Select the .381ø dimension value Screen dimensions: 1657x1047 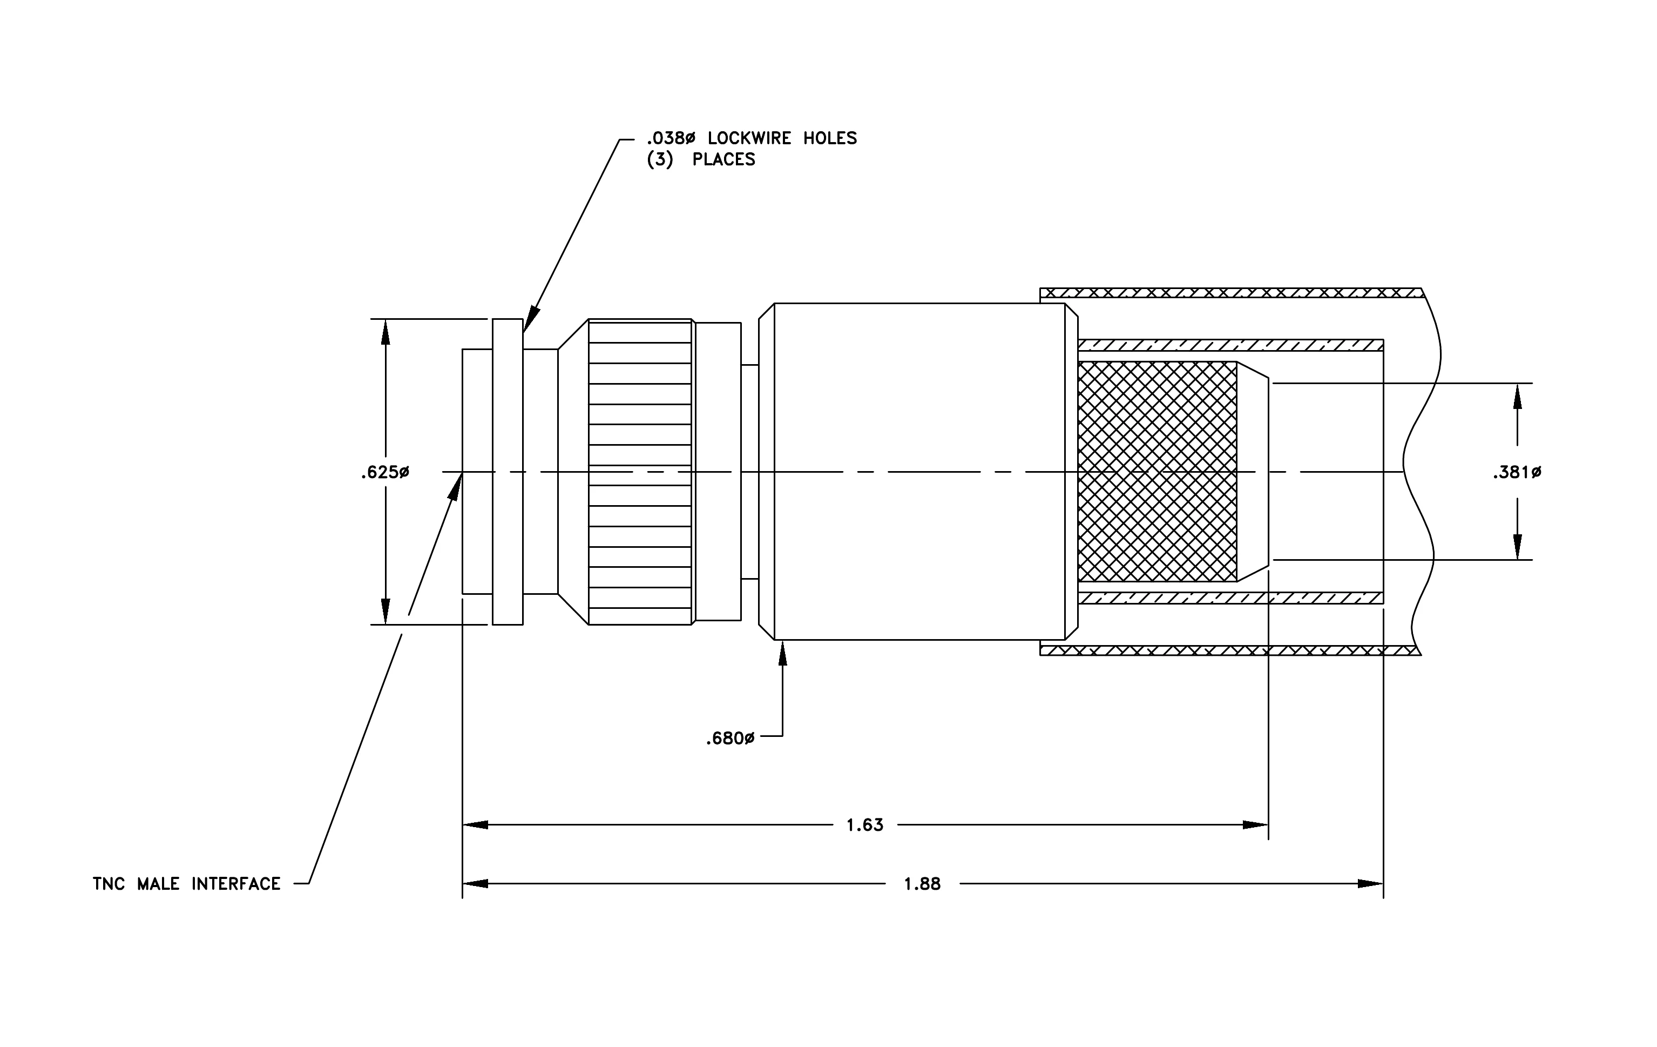pos(1517,473)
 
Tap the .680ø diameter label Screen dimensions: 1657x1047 pos(730,739)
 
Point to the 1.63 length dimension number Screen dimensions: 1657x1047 pos(865,824)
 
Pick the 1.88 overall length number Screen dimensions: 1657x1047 pos(922,884)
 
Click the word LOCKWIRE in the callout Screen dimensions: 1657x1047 pos(749,138)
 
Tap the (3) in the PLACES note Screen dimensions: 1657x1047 pos(660,160)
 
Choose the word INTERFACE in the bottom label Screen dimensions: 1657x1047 pos(236,884)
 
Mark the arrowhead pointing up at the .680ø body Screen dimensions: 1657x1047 pos(782,653)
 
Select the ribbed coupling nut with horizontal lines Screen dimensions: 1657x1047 pos(640,472)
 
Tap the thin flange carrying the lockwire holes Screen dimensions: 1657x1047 pos(508,472)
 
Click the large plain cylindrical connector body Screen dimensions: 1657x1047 pos(919,472)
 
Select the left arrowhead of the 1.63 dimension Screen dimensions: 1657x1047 pos(476,824)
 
